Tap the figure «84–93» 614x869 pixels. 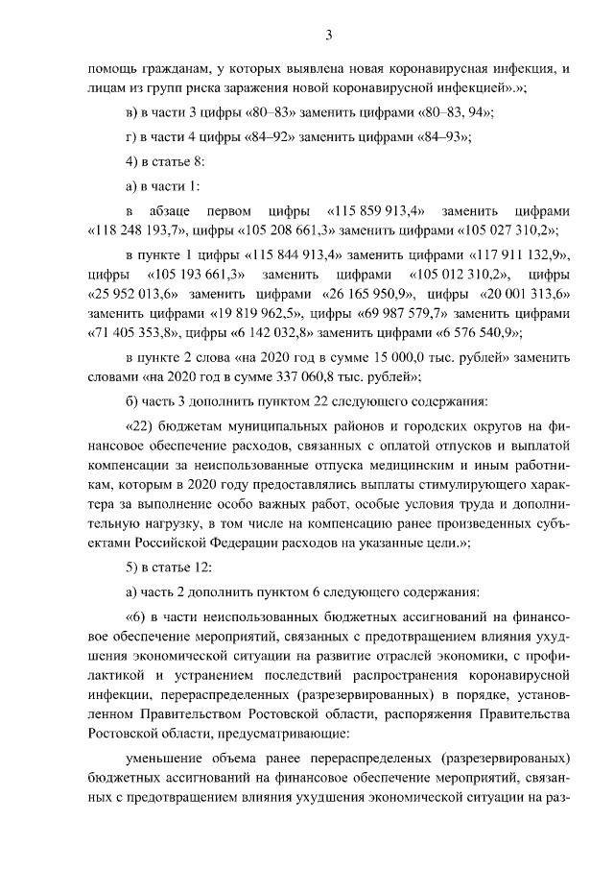click(x=443, y=136)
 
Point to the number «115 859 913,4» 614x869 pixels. click(x=377, y=209)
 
